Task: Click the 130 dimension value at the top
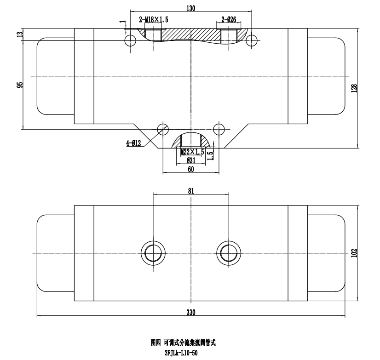[191, 7]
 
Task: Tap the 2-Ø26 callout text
[229, 19]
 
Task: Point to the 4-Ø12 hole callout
[134, 143]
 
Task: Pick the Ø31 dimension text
[191, 160]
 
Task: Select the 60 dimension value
[191, 169]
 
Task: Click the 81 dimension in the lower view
[191, 190]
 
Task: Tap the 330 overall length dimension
[191, 313]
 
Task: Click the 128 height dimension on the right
[354, 88]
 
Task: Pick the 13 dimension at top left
[20, 35]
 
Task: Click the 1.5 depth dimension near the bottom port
[210, 155]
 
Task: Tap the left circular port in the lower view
[153, 253]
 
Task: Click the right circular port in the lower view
[229, 253]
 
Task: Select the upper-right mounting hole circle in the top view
[252, 41]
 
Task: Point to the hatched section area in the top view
[191, 34]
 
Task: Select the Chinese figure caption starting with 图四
[183, 343]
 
